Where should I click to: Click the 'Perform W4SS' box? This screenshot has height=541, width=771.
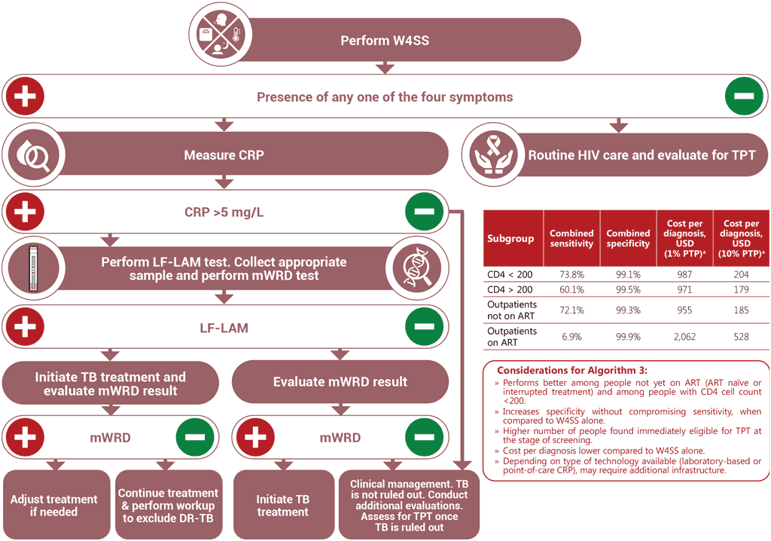tap(384, 40)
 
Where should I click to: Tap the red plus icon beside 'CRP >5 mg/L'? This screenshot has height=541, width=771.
tap(24, 212)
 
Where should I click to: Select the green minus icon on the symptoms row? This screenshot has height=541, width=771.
tap(745, 97)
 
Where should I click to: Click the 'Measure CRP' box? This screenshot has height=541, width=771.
tap(224, 156)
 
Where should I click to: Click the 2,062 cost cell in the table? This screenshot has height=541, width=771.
tap(684, 337)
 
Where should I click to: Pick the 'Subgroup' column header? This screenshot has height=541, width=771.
tap(510, 238)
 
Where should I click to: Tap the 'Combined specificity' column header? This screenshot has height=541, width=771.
tap(628, 238)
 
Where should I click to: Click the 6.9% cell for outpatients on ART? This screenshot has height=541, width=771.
tap(571, 337)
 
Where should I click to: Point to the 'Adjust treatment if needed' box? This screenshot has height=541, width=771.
tap(54, 505)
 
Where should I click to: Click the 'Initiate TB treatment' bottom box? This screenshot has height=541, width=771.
tap(282, 505)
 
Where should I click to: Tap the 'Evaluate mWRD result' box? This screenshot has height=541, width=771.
tap(340, 381)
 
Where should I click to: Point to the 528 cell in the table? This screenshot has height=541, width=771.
tap(740, 337)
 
